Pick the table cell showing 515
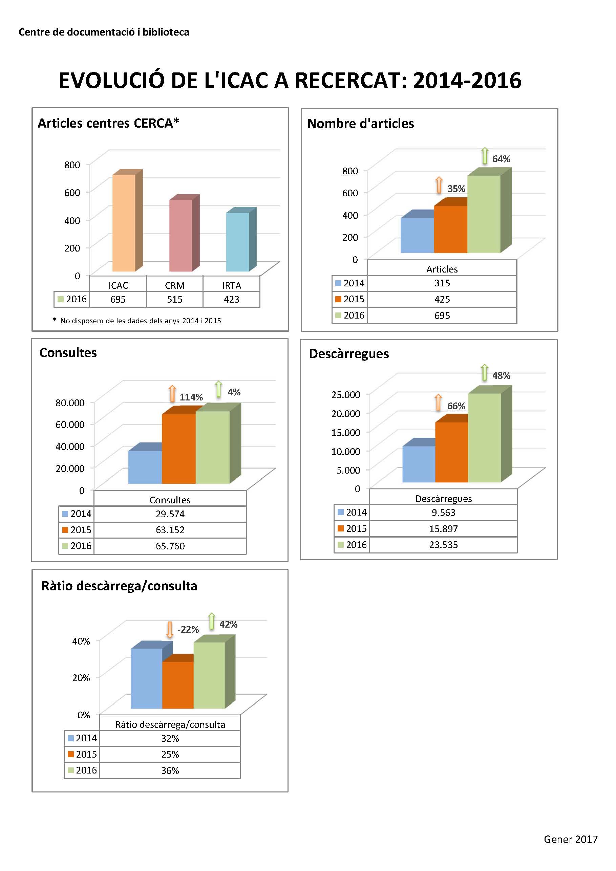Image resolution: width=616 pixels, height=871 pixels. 175,299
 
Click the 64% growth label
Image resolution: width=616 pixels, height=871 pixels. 501,159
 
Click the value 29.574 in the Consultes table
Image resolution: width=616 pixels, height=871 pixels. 170,514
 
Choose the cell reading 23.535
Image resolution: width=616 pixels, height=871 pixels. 443,545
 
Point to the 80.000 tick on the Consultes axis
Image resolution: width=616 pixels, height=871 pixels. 70,402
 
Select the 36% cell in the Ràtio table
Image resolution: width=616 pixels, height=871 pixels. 170,770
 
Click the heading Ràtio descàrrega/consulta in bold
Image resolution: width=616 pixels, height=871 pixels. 119,586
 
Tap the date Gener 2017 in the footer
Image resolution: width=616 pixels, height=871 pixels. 571,839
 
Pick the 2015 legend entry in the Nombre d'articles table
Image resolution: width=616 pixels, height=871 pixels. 349,299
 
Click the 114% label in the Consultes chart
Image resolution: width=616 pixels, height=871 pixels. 191,397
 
